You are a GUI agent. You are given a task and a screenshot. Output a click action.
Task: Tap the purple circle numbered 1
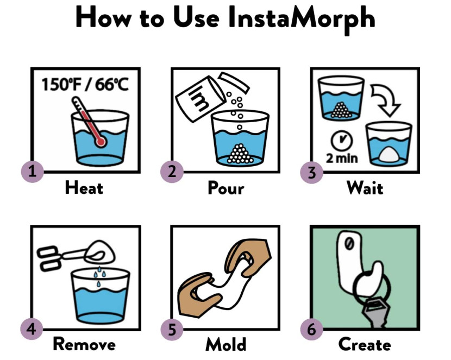tap(32, 172)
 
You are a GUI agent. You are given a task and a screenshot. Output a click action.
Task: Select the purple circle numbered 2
tap(172, 172)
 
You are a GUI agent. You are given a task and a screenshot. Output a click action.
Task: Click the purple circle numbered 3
tap(311, 173)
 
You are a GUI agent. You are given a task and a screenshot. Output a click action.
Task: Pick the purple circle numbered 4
tap(32, 330)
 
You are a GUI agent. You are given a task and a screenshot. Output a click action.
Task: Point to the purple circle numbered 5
tap(172, 330)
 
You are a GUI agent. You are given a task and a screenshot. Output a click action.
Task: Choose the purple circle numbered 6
tap(311, 330)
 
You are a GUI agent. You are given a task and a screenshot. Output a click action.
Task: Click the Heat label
tap(84, 188)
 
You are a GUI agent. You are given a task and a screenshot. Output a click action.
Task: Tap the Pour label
tap(225, 188)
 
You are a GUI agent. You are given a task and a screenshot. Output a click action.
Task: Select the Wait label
tap(365, 188)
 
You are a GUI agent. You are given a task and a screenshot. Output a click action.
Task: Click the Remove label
tap(84, 344)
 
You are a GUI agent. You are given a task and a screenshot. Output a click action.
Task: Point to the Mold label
tap(225, 344)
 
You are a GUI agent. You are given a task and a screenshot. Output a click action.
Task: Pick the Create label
tap(365, 344)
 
